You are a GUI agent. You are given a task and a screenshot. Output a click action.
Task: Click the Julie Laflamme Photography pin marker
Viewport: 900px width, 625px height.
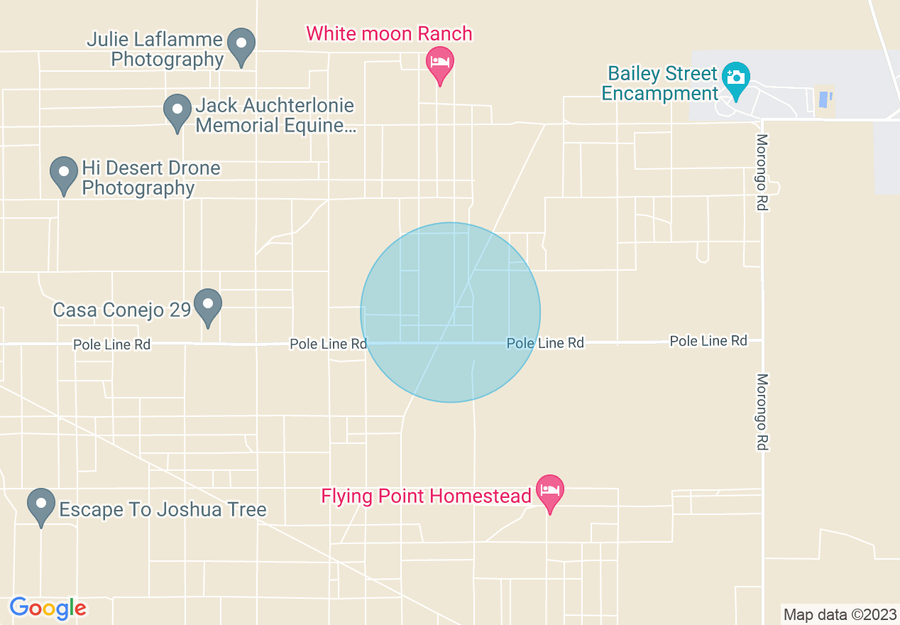tap(241, 45)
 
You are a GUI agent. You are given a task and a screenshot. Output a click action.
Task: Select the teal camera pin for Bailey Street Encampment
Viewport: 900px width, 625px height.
tap(736, 78)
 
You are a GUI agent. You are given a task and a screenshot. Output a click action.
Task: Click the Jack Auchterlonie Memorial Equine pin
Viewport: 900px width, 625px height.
tap(177, 112)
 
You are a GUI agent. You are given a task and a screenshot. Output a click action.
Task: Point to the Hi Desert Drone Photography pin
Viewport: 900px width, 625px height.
tap(64, 174)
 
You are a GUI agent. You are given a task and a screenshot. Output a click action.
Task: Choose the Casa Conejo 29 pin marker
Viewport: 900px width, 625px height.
tap(208, 306)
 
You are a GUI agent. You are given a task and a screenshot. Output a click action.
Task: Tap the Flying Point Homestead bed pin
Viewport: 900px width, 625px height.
tap(549, 491)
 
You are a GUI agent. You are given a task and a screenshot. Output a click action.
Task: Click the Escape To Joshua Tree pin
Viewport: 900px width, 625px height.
tap(41, 506)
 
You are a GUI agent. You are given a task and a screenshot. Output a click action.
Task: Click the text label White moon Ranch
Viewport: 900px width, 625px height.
tap(389, 33)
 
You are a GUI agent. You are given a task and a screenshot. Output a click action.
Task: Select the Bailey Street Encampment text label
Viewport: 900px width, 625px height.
tap(659, 84)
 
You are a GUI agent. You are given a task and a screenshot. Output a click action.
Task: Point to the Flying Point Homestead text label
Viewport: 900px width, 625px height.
tap(426, 496)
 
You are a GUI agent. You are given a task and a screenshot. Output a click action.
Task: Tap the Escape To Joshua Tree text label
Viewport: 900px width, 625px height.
tap(163, 509)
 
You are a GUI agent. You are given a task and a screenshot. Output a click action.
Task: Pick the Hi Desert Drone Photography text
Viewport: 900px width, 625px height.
tap(150, 178)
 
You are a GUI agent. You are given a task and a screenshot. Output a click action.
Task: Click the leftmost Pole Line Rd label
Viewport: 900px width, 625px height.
tap(112, 344)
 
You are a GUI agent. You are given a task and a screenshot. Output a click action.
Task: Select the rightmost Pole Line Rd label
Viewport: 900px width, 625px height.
tap(708, 341)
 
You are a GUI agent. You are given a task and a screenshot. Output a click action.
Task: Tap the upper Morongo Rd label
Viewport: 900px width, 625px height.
tap(762, 173)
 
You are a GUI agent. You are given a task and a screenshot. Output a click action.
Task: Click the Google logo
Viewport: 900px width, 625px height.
tap(48, 608)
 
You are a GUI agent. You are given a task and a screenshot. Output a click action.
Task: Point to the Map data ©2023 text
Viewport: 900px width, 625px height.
tap(838, 614)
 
